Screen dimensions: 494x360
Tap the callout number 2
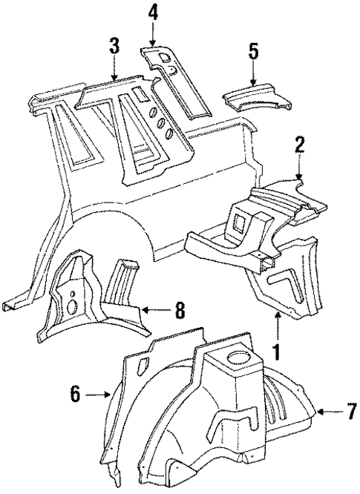[299, 145]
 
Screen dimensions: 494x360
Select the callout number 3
[114, 45]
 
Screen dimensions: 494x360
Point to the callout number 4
[152, 12]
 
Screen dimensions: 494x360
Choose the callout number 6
[75, 396]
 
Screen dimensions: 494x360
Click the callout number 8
[180, 311]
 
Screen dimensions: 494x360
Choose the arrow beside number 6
[97, 396]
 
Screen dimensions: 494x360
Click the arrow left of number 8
[154, 311]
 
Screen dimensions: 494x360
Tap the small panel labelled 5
[256, 98]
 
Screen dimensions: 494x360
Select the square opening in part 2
[241, 220]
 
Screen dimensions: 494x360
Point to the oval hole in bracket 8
[73, 306]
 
